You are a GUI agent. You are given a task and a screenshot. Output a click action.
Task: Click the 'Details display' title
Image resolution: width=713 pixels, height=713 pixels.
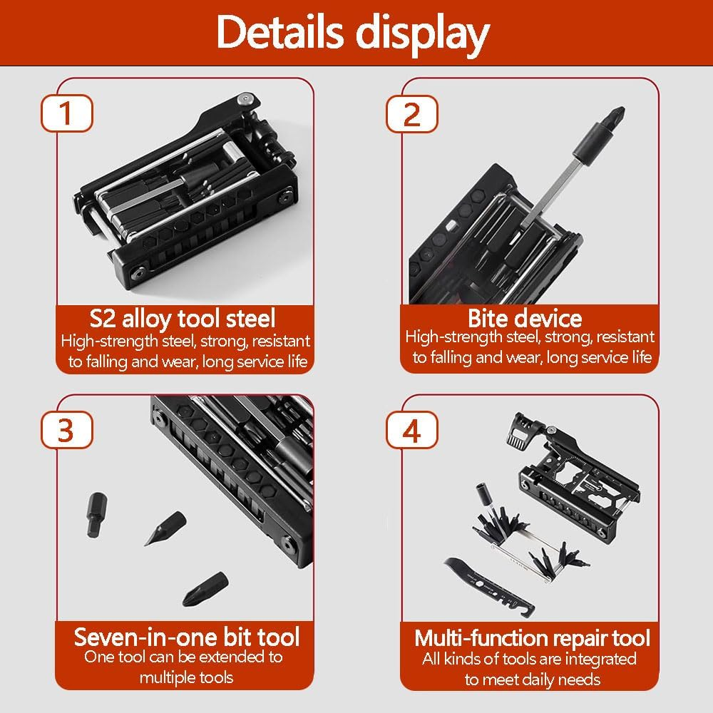pos(354,31)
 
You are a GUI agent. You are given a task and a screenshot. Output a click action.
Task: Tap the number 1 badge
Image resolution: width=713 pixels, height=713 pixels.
pos(66,115)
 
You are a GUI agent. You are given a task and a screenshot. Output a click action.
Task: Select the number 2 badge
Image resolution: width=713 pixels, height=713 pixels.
pos(412,115)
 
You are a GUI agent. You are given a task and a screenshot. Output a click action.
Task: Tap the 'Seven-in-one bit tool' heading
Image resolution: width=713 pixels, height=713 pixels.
pos(187,637)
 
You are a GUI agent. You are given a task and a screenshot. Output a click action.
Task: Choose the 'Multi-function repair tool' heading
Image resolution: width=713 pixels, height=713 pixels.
pos(533,637)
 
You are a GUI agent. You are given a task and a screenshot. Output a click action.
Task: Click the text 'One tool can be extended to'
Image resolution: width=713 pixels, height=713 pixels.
pos(183,657)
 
